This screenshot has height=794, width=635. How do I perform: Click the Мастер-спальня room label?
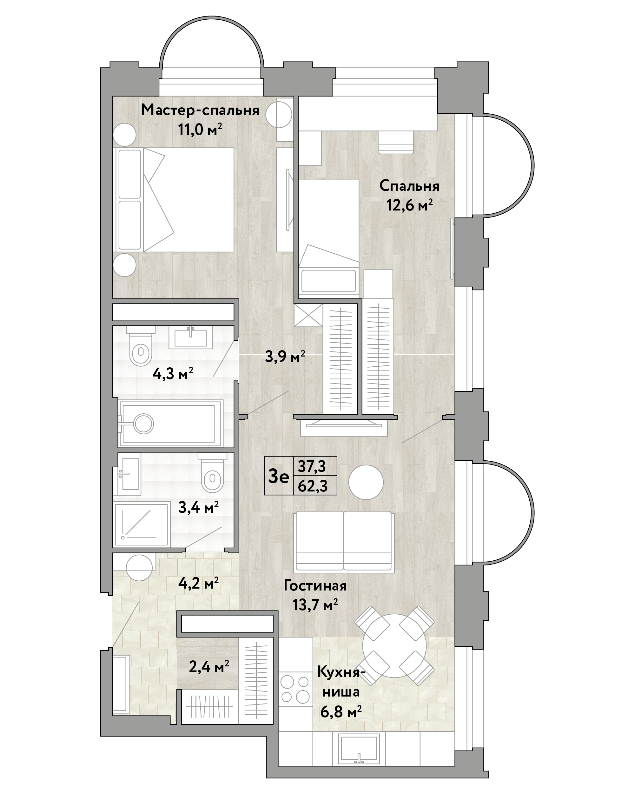200,110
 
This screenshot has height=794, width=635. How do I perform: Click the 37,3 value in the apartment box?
312,467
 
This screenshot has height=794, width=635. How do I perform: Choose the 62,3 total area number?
313,486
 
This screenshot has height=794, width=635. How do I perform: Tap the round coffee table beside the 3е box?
366,482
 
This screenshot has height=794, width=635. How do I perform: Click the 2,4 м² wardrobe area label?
209,666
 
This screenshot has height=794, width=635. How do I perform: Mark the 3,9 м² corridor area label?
285,357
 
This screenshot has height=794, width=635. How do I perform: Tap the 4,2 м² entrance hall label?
198,583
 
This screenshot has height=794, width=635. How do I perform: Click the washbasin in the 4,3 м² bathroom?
190,337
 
